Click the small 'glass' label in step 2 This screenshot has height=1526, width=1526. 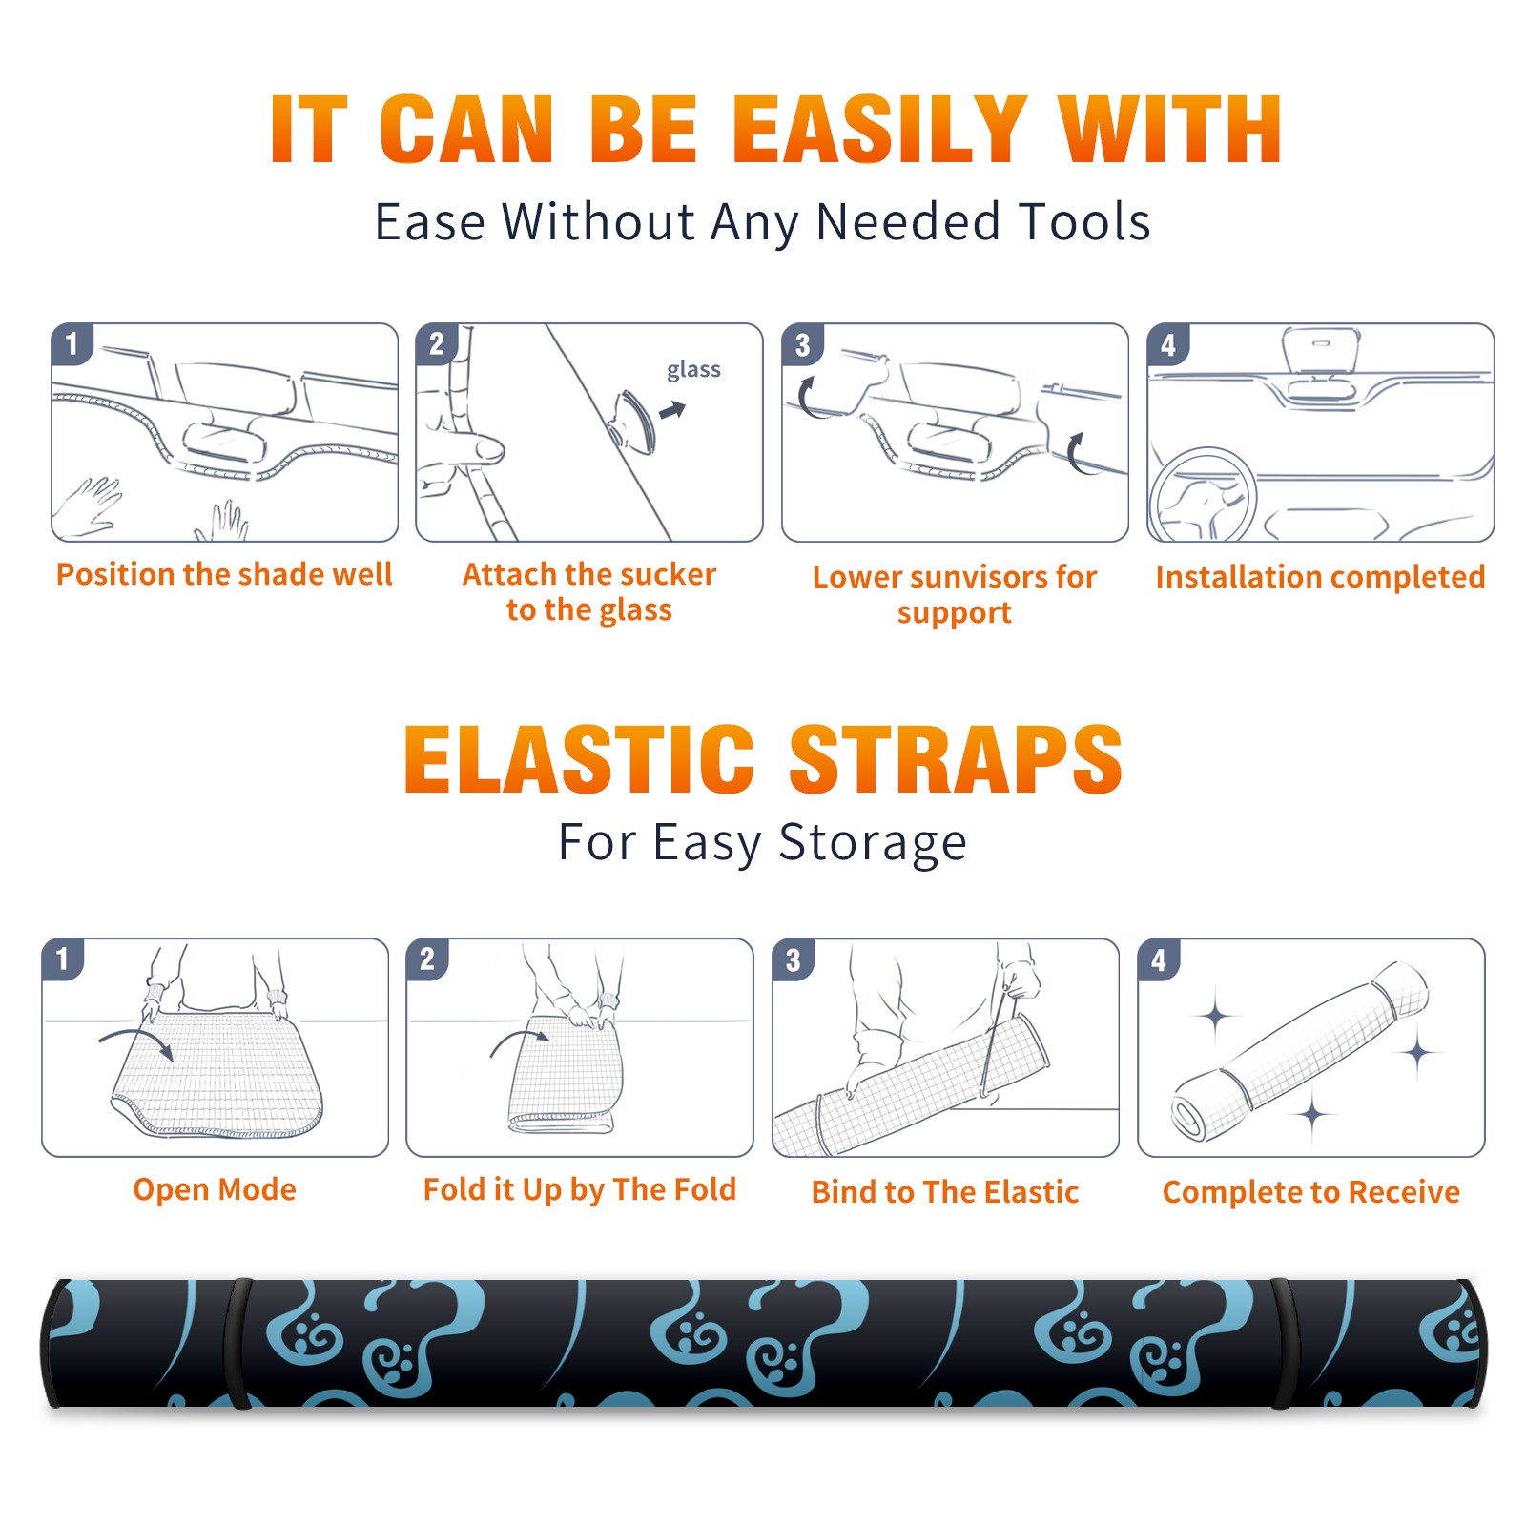(693, 370)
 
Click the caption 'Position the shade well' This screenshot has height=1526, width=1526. (224, 574)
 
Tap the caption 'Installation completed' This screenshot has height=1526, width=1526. (1320, 577)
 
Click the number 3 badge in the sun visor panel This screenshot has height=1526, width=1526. (802, 345)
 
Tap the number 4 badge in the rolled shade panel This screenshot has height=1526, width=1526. (1158, 959)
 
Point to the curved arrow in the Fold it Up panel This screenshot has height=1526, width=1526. (519, 1035)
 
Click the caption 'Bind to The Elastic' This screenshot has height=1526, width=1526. (944, 1192)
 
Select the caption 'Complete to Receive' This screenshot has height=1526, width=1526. (1311, 1192)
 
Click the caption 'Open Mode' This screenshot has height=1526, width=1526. (215, 1189)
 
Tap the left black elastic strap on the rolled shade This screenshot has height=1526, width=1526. (237, 1344)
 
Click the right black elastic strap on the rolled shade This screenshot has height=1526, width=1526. (1283, 1344)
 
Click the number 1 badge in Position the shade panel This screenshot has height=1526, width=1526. (72, 343)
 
